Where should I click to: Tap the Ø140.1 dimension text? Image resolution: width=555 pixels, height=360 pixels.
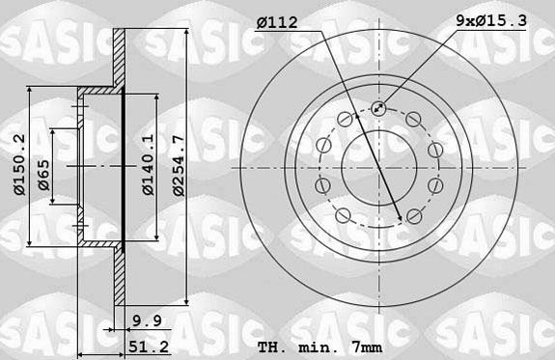point(147,165)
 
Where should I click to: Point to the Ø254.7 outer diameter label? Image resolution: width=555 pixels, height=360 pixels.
point(178,165)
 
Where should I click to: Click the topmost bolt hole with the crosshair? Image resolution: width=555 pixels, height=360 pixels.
point(377,109)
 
